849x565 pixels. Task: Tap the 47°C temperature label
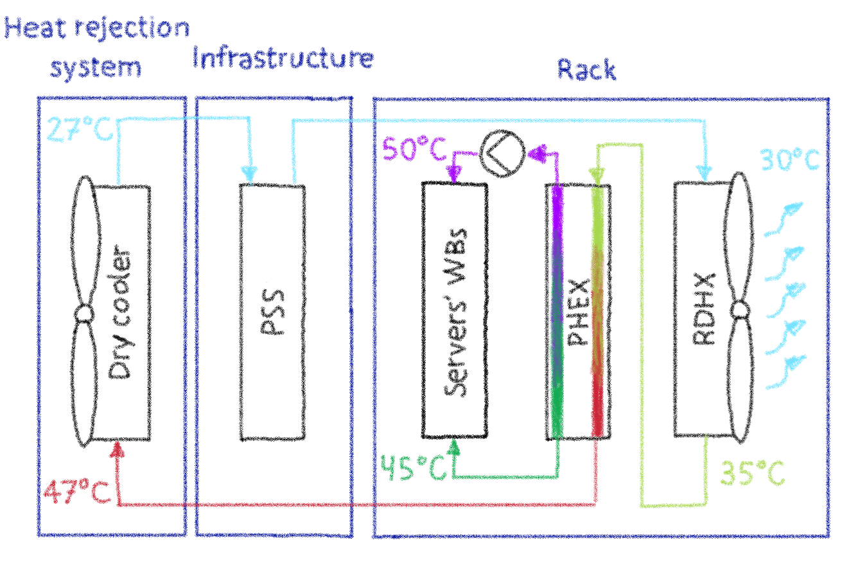point(76,492)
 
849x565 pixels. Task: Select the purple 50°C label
point(414,150)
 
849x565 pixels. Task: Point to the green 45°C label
point(413,467)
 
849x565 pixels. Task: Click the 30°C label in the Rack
point(790,160)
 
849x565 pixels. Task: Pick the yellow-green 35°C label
point(752,474)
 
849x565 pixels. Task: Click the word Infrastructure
point(283,59)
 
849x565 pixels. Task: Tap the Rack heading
point(586,69)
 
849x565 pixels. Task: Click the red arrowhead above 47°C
point(117,449)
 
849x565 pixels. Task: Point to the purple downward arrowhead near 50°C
point(454,174)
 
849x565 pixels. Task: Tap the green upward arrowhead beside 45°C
point(454,447)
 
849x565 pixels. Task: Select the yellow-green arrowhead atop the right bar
point(597,175)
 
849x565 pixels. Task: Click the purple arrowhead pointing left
point(536,154)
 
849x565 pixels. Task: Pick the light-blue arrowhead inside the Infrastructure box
point(250,174)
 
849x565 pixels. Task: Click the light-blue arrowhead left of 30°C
point(705,172)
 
